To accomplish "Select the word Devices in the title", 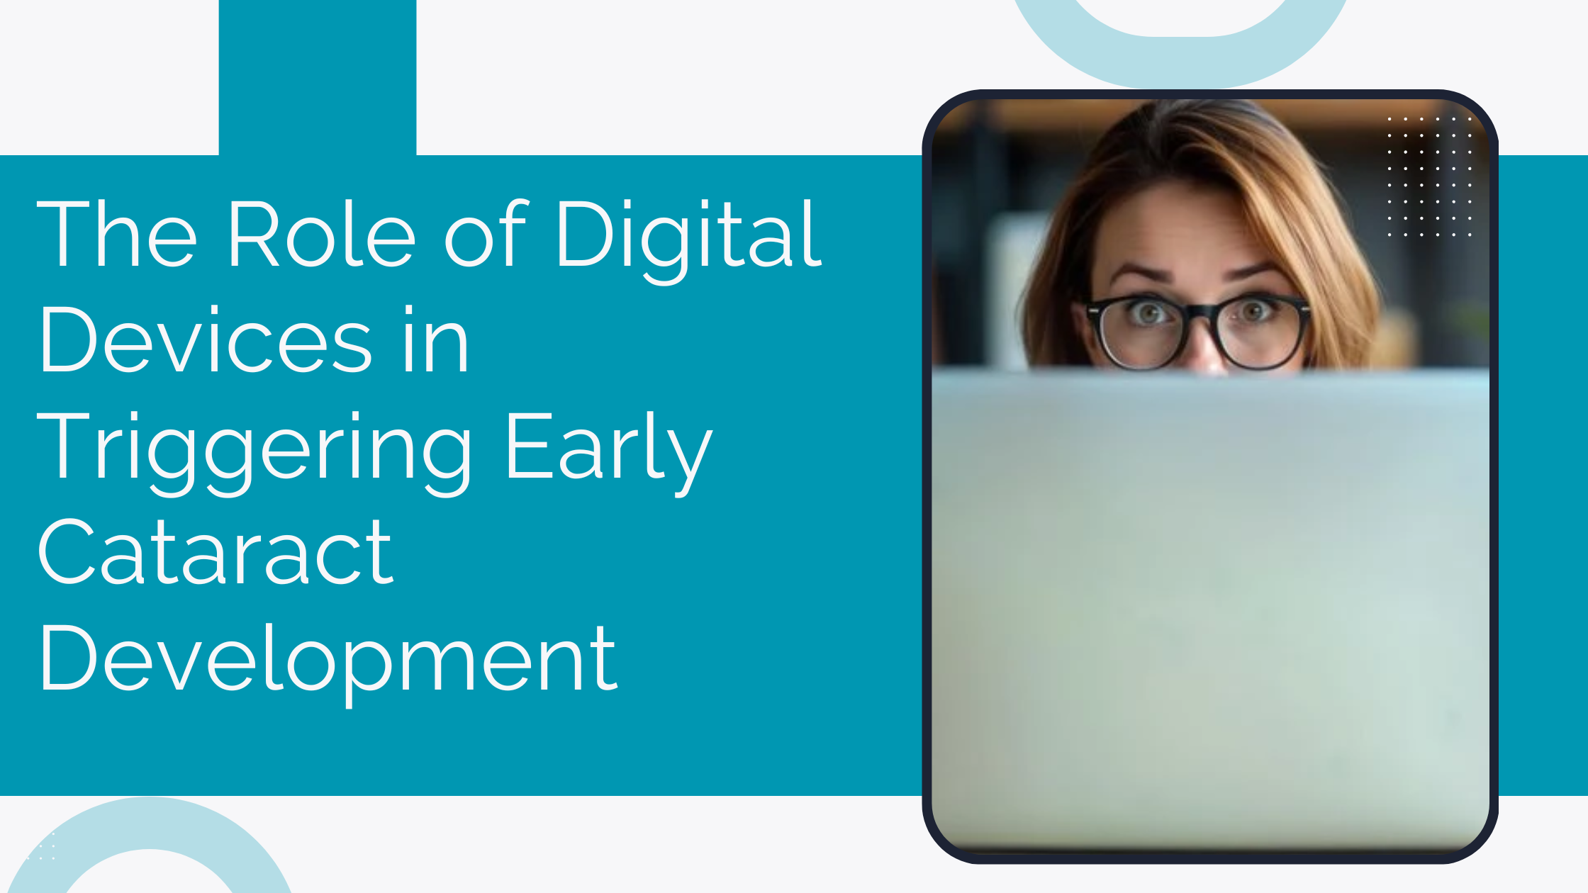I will coord(206,340).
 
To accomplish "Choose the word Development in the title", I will coord(328,659).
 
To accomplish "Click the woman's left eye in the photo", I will coord(1254,311).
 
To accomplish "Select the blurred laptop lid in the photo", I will coord(1209,602).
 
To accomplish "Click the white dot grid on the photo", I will coord(1429,176).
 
